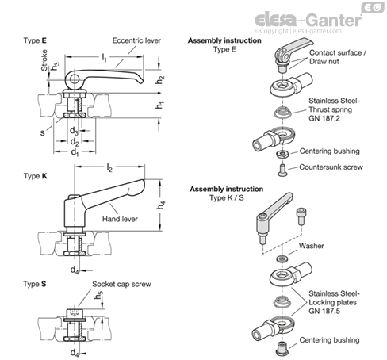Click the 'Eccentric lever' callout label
(x=136, y=40)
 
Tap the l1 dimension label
(x=105, y=58)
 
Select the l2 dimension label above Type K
(x=109, y=167)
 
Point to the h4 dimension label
(x=161, y=205)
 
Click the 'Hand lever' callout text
(x=120, y=219)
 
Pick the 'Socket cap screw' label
(x=121, y=284)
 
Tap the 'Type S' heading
(x=35, y=284)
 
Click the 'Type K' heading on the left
(x=35, y=176)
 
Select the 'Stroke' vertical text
(x=44, y=60)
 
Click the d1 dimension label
(x=75, y=152)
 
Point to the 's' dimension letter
(x=43, y=132)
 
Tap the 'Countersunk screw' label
(x=331, y=167)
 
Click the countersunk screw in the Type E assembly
(x=282, y=170)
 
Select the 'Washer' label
(x=312, y=246)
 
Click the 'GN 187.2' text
(x=324, y=118)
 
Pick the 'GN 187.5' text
(x=324, y=311)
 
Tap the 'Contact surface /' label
(x=338, y=52)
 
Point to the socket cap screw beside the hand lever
(x=300, y=216)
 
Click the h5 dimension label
(x=99, y=296)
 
